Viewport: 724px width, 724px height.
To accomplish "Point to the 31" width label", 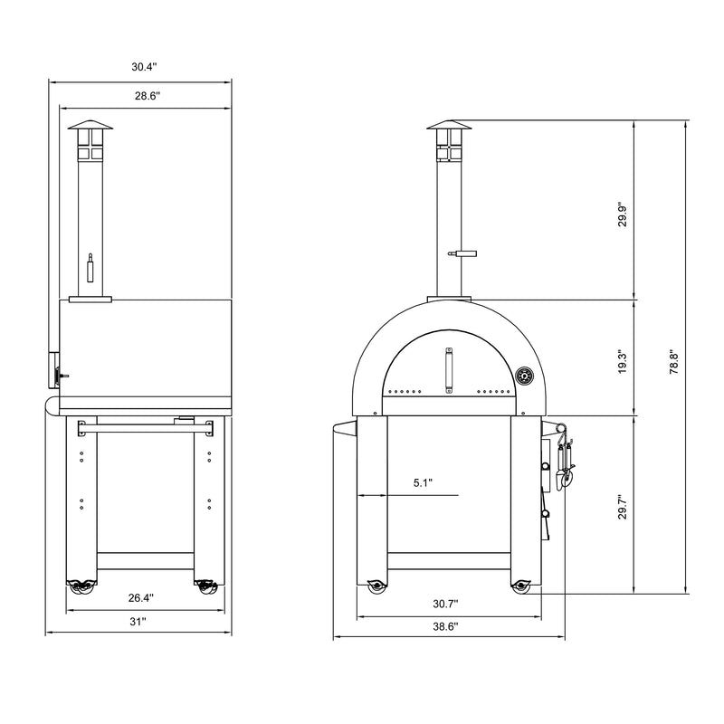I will pos(138,622).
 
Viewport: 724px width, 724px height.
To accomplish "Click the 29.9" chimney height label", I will pos(620,214).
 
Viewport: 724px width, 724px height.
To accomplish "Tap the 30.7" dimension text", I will pos(444,604).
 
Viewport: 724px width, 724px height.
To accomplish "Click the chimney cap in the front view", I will pos(449,126).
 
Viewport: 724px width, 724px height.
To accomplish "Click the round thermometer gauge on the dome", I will pos(523,376).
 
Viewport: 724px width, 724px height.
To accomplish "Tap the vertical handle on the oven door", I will pos(449,372).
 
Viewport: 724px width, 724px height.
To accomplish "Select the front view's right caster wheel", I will pos(520,587).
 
